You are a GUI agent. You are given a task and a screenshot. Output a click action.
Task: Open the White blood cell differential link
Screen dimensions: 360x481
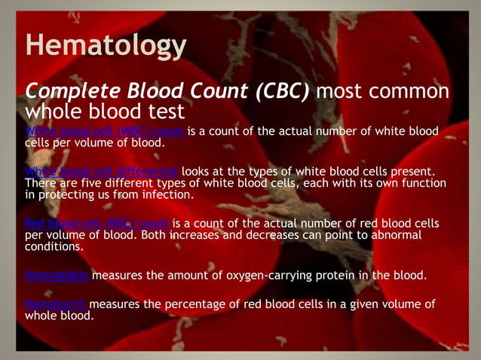pos(101,172)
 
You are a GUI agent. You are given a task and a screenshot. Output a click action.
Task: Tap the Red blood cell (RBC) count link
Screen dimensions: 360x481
pos(97,224)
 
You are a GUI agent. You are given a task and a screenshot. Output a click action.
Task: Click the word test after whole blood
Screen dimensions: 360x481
pos(165,112)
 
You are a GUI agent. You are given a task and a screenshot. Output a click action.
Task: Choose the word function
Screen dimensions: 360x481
pos(422,183)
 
